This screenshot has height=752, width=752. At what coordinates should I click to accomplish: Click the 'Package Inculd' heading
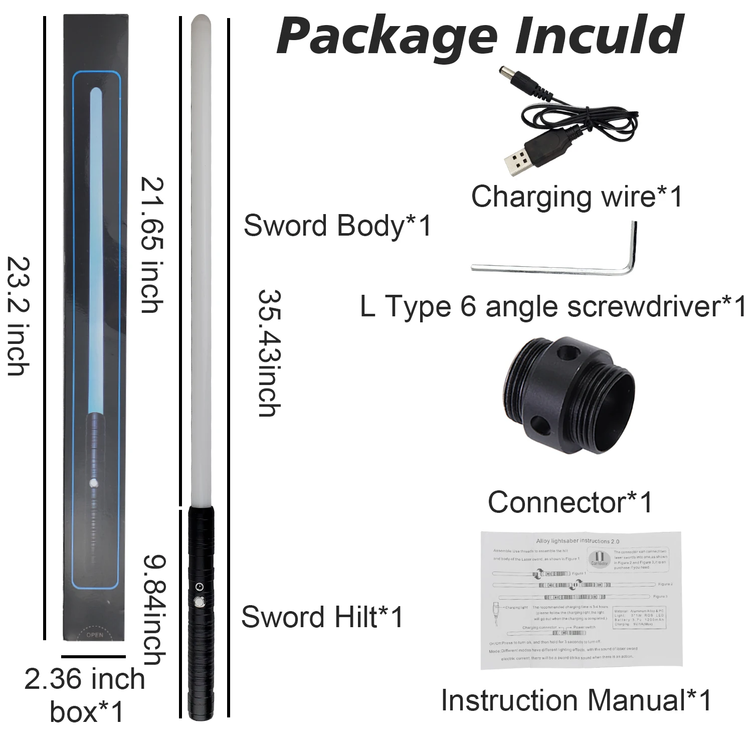click(480, 36)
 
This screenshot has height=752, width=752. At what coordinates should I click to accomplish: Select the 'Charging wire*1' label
click(577, 196)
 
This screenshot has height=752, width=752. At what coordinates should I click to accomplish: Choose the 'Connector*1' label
click(570, 502)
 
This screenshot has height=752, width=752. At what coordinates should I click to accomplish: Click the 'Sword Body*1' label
click(337, 226)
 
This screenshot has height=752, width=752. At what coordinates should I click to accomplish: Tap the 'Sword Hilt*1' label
click(322, 617)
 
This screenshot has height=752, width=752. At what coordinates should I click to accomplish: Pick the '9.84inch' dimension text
click(152, 609)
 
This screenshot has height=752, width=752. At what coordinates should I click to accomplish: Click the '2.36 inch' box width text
click(85, 680)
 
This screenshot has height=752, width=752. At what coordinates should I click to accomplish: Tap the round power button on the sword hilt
click(200, 602)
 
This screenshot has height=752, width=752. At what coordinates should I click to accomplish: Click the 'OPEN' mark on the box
click(95, 634)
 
